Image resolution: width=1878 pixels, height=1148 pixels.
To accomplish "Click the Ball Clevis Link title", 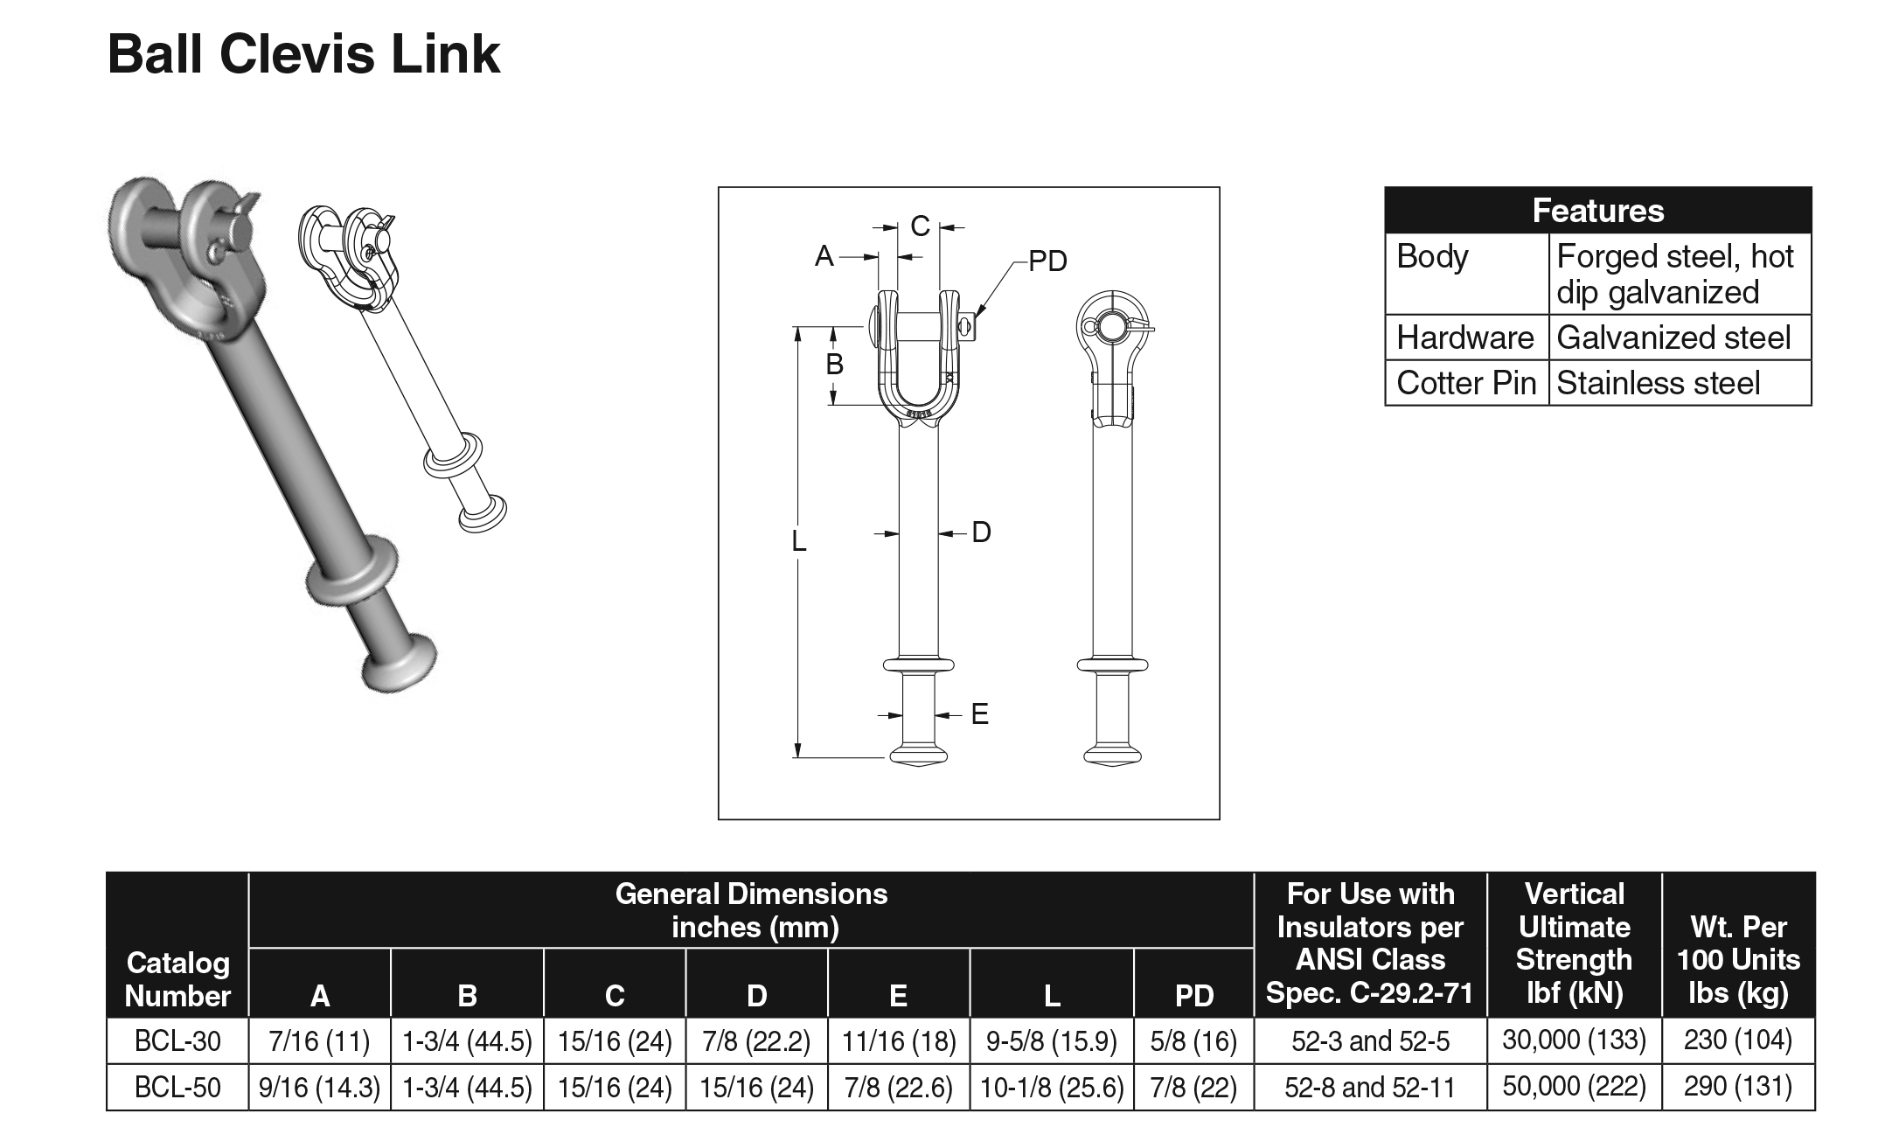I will click(303, 54).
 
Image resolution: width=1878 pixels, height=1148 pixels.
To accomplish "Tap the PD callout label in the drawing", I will click(1047, 261).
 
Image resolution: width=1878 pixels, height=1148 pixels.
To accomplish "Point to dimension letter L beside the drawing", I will click(798, 542).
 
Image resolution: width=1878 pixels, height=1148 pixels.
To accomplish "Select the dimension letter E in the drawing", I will click(980, 714).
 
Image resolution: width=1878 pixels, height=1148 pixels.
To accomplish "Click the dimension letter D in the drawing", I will click(981, 532).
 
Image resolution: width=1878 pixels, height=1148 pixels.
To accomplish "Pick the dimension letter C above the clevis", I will click(920, 226).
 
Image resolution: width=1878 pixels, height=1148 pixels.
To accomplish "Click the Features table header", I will click(1597, 211).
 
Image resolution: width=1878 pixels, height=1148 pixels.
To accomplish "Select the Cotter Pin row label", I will click(1465, 383).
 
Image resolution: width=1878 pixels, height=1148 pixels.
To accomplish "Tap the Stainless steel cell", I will click(1658, 383).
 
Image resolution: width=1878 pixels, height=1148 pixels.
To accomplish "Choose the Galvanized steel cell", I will click(1673, 337).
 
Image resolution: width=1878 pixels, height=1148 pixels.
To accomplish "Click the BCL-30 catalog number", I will click(177, 1040).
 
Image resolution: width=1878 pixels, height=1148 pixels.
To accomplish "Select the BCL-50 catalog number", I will click(177, 1087).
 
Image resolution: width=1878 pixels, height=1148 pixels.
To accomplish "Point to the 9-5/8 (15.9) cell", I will click(1051, 1040).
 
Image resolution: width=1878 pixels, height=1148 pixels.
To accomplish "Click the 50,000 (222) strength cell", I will click(1574, 1086).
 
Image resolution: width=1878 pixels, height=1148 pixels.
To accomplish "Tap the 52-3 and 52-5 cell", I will click(1370, 1040).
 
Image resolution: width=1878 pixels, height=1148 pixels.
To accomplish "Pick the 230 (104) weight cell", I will click(1737, 1040).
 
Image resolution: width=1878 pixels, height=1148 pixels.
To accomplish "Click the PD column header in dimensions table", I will click(1193, 995).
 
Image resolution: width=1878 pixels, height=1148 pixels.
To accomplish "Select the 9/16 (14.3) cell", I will click(319, 1087).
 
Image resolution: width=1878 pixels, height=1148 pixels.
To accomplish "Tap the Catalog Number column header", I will click(177, 978).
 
